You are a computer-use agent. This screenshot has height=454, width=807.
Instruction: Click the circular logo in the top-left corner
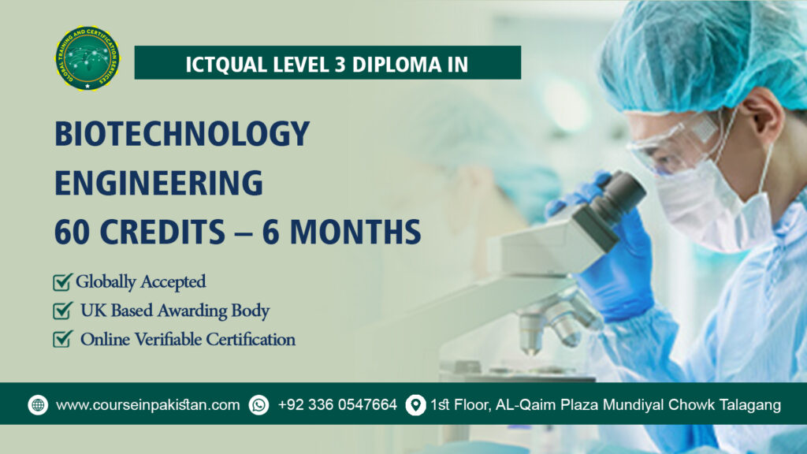pos(87,58)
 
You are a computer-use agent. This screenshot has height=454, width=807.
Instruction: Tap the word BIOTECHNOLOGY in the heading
pos(182,134)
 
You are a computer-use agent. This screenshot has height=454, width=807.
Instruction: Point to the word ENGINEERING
pos(158,182)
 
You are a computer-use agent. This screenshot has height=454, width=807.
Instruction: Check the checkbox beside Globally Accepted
pos(61,281)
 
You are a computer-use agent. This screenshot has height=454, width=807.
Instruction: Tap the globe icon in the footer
pos(38,405)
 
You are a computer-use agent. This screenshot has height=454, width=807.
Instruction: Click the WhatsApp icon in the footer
pos(258,405)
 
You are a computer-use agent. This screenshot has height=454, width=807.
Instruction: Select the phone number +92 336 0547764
pos(337,405)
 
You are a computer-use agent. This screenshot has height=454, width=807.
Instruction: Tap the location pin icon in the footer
pos(415,405)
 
